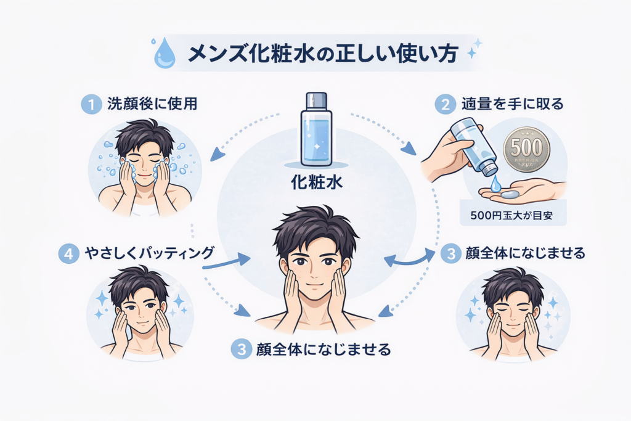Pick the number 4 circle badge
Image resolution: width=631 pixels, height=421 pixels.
(x=68, y=253)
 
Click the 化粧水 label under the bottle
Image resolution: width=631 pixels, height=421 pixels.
(x=315, y=183)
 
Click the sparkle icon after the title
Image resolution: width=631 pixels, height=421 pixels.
(x=474, y=49)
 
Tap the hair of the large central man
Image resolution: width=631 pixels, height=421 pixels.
(x=315, y=228)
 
